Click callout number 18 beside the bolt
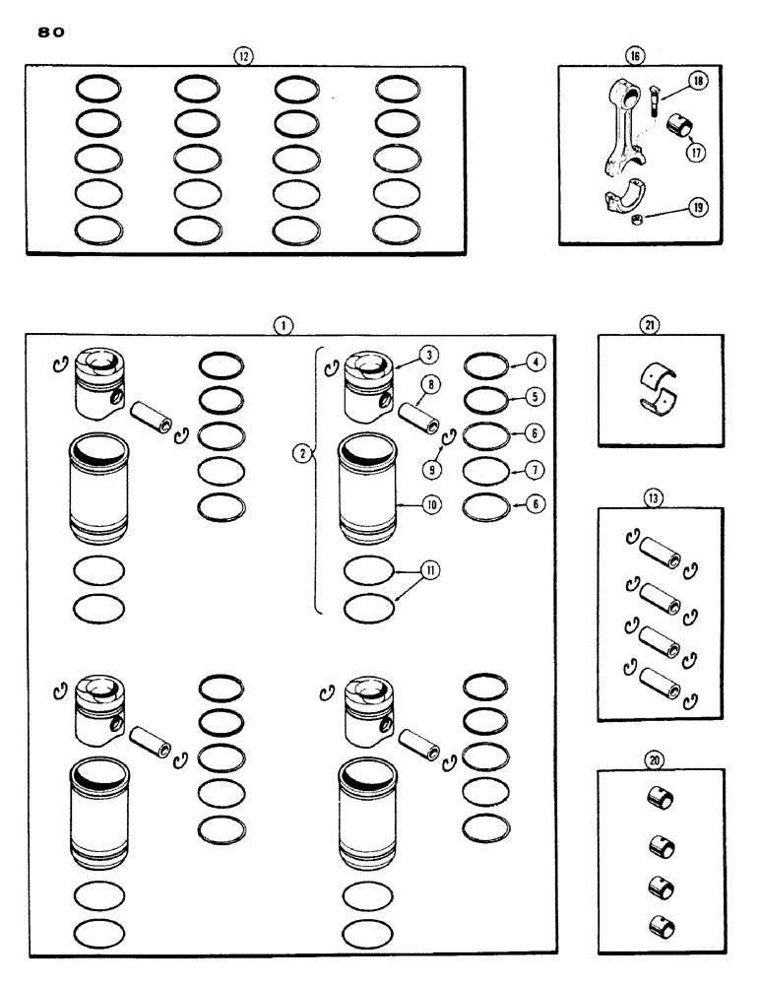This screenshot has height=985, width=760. coord(696,82)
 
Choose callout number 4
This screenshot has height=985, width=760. coord(536,361)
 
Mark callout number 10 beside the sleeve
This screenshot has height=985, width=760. coord(430,503)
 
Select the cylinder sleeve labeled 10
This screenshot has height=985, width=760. coord(366,489)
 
